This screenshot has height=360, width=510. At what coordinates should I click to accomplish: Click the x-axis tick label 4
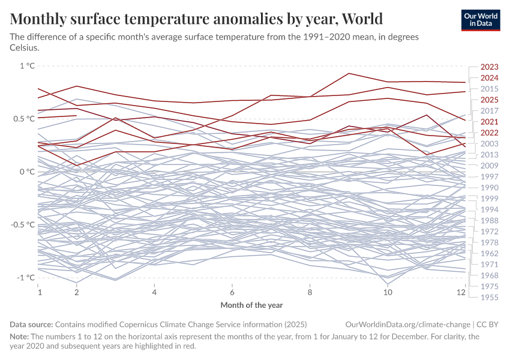click(155, 292)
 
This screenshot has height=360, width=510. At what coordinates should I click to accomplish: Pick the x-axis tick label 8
click(310, 292)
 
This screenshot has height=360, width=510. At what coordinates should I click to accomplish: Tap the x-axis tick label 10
click(388, 292)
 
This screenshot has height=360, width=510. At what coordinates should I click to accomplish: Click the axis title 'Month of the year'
click(251, 305)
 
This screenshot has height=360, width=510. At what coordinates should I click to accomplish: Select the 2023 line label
click(490, 67)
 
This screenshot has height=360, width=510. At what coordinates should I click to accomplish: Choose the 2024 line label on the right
click(490, 78)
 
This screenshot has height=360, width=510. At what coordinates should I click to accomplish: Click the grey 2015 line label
click(490, 89)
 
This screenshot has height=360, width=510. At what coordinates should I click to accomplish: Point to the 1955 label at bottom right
click(490, 297)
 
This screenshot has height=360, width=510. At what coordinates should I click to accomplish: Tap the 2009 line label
click(490, 166)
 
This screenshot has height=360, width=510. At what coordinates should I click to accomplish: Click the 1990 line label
click(490, 188)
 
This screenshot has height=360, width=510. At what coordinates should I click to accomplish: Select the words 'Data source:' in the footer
click(32, 324)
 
